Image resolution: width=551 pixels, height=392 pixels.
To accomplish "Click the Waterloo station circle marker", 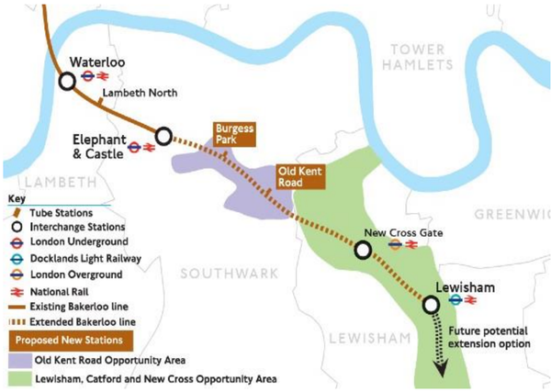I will [x=67, y=81].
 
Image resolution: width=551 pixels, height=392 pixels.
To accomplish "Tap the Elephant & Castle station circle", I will [x=163, y=136].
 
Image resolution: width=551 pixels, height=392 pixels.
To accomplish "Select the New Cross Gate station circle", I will [x=364, y=249].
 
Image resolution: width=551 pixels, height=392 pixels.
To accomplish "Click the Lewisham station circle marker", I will [x=431, y=305].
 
